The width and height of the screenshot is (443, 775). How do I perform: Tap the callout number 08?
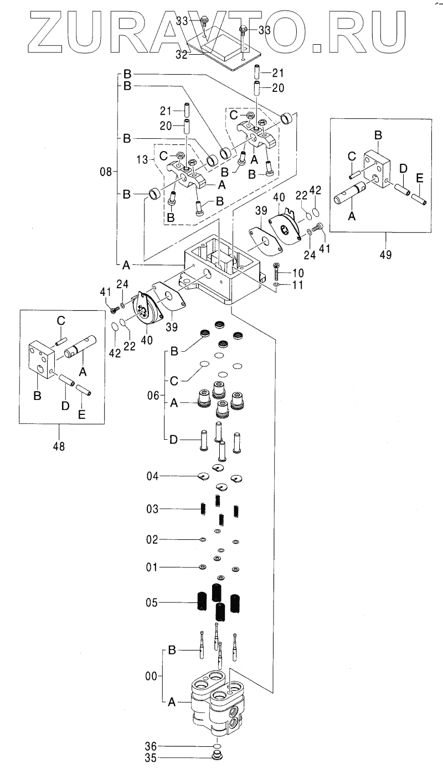click(106, 172)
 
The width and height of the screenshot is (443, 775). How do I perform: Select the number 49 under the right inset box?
click(385, 255)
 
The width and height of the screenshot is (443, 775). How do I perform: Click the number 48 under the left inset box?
click(58, 446)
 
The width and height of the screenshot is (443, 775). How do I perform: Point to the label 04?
click(153, 476)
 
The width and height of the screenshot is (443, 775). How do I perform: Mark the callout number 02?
click(152, 539)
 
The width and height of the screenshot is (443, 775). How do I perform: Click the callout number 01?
click(152, 568)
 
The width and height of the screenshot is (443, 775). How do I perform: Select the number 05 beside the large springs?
click(152, 604)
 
